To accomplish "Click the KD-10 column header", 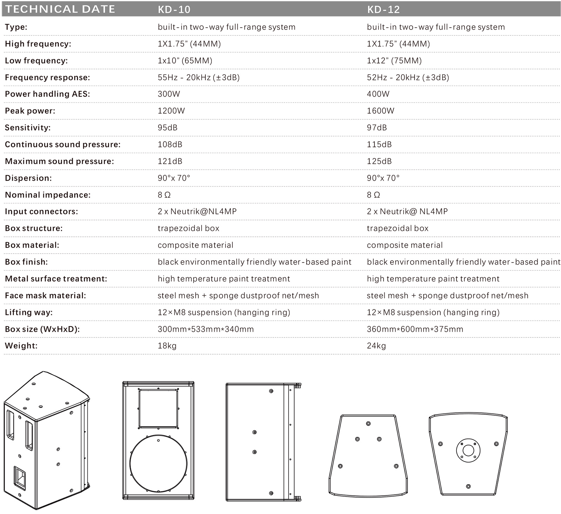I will (x=174, y=9).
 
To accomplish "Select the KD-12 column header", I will (x=383, y=9).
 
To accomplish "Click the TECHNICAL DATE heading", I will (x=60, y=9).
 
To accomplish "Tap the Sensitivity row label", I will (x=28, y=128).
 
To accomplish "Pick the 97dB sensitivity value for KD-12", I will (x=377, y=128).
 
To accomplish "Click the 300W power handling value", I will (x=168, y=94).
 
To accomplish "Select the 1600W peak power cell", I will (x=380, y=111).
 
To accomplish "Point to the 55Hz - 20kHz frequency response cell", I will (x=198, y=77).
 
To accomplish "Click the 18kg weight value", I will (x=167, y=346).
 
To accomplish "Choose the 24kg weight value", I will (x=376, y=346).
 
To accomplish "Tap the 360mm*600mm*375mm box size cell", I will (x=415, y=329).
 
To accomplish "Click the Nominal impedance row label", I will (x=48, y=195).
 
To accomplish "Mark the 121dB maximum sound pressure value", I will (x=170, y=161).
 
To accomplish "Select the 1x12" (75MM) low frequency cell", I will (x=394, y=61).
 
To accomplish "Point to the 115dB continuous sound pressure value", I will (x=379, y=144).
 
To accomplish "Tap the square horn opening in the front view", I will (x=158, y=408).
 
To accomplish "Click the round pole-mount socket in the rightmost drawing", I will (x=468, y=450).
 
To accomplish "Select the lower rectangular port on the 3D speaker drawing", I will (x=20, y=478).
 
